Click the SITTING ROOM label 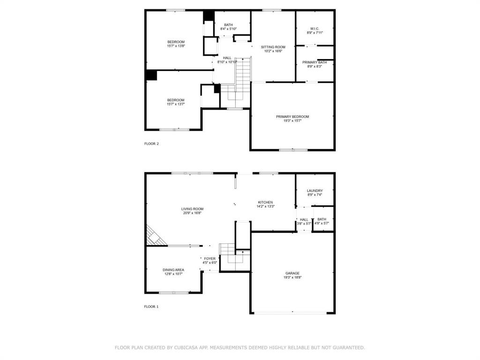pos(273,47)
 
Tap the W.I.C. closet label pos(315,29)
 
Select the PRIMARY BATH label pos(315,62)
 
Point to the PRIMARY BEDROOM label pos(292,117)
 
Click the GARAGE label pos(292,273)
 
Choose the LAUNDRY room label pos(315,191)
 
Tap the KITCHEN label pos(265,202)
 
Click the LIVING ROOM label pos(192,209)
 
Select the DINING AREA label pos(173,270)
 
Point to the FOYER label pos(210,259)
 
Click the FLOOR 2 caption pos(151,144)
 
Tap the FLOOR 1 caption pos(151,307)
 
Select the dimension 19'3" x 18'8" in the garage pos(292,277)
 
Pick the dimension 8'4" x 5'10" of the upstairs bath pos(228,29)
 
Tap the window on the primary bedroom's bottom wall pos(293,150)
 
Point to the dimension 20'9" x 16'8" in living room pos(192,213)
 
